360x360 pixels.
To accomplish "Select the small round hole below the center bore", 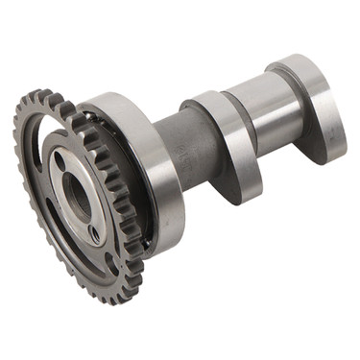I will (x=94, y=231).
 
